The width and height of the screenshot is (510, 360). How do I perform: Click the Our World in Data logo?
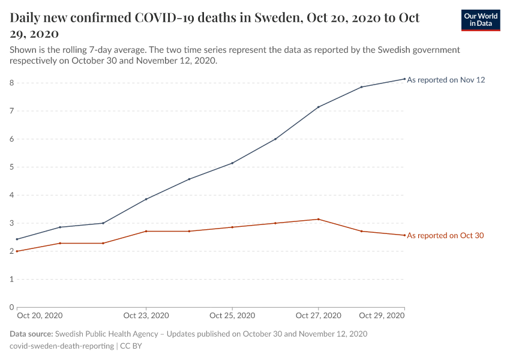pyautogui.click(x=480, y=20)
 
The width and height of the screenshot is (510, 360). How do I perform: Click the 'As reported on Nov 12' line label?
pyautogui.click(x=446, y=80)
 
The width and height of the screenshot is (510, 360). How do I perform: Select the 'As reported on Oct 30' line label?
pyautogui.click(x=445, y=236)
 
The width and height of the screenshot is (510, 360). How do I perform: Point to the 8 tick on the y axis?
pyautogui.click(x=11, y=83)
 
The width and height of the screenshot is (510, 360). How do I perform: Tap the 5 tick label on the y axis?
pyautogui.click(x=11, y=167)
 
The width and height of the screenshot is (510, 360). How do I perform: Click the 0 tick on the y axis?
pyautogui.click(x=11, y=307)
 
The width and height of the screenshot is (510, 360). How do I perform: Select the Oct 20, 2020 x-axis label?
pyautogui.click(x=40, y=316)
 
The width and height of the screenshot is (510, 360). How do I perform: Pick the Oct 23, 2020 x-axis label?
pyautogui.click(x=146, y=316)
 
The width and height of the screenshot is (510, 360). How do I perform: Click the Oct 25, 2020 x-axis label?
pyautogui.click(x=232, y=316)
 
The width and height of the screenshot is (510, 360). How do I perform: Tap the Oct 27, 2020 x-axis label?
pyautogui.click(x=318, y=316)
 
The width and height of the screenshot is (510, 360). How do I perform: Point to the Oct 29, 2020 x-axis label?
pyautogui.click(x=381, y=316)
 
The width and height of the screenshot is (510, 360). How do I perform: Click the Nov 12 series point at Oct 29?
pyautogui.click(x=404, y=79)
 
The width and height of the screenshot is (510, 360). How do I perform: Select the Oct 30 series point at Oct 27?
pyautogui.click(x=318, y=219)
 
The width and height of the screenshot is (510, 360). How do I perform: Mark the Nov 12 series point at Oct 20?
pyautogui.click(x=17, y=239)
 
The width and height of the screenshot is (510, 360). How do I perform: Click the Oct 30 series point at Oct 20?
pyautogui.click(x=17, y=251)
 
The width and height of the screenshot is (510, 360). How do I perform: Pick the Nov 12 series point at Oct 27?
pyautogui.click(x=318, y=107)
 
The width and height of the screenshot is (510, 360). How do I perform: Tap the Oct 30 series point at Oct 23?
pyautogui.click(x=146, y=231)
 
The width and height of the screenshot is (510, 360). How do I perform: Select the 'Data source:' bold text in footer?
pyautogui.click(x=31, y=334)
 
